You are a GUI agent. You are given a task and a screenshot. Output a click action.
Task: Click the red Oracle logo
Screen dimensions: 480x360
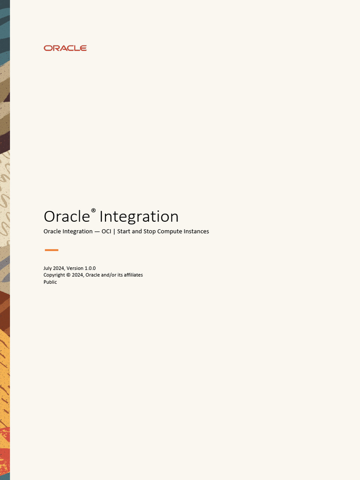click(x=65, y=48)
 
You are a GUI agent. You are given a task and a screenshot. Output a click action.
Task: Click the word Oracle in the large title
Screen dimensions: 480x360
click(x=66, y=217)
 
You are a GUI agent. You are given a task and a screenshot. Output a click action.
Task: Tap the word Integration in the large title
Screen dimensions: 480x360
click(x=139, y=217)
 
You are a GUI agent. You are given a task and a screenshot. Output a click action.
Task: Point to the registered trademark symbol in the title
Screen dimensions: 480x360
click(x=93, y=211)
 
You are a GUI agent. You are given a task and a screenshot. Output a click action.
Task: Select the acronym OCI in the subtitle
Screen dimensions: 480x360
click(x=106, y=232)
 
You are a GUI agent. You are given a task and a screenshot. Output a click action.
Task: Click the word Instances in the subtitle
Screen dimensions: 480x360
click(x=196, y=232)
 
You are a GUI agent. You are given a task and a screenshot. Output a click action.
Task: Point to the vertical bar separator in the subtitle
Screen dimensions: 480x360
click(x=114, y=232)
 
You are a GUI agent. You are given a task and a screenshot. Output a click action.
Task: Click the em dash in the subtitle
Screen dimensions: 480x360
click(x=97, y=232)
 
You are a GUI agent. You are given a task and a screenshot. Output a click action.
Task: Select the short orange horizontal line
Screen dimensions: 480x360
click(x=51, y=250)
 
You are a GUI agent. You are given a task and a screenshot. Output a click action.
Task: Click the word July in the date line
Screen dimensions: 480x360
click(x=48, y=268)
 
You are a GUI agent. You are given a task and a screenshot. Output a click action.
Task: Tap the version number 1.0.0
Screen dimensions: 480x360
click(x=90, y=268)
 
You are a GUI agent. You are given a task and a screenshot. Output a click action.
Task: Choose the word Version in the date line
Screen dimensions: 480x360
click(x=75, y=268)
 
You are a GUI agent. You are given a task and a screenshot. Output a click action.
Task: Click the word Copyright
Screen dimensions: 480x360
click(x=54, y=275)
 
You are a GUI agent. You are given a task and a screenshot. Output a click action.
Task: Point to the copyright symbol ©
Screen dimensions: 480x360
click(x=68, y=275)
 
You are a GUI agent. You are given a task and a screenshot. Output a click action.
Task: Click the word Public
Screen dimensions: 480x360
click(x=50, y=282)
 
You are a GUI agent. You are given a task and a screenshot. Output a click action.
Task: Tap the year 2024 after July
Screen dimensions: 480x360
click(x=59, y=268)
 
